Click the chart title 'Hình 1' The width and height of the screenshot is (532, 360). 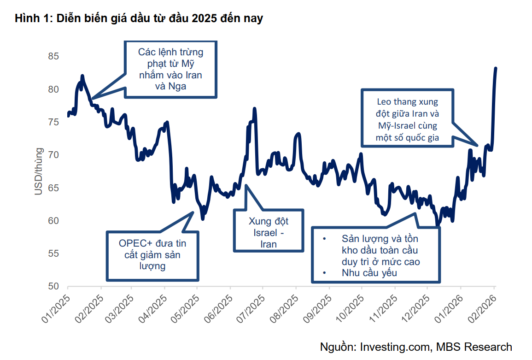[x=31, y=18]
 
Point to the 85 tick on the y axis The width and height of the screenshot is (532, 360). [x=54, y=56]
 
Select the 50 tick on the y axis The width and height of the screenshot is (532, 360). [x=54, y=286]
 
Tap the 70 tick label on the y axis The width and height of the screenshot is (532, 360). [x=54, y=155]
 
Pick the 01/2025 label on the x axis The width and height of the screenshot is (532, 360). [x=55, y=307]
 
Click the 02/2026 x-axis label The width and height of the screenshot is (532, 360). [x=481, y=307]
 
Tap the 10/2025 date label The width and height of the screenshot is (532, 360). [x=349, y=307]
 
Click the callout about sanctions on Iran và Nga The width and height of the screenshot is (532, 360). [x=170, y=69]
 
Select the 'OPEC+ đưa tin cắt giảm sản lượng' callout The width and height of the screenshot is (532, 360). [x=152, y=255]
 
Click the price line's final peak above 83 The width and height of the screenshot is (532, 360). [x=496, y=68]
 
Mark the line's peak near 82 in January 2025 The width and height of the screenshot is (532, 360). [x=82, y=76]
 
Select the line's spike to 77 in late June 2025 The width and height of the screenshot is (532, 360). [x=254, y=109]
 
